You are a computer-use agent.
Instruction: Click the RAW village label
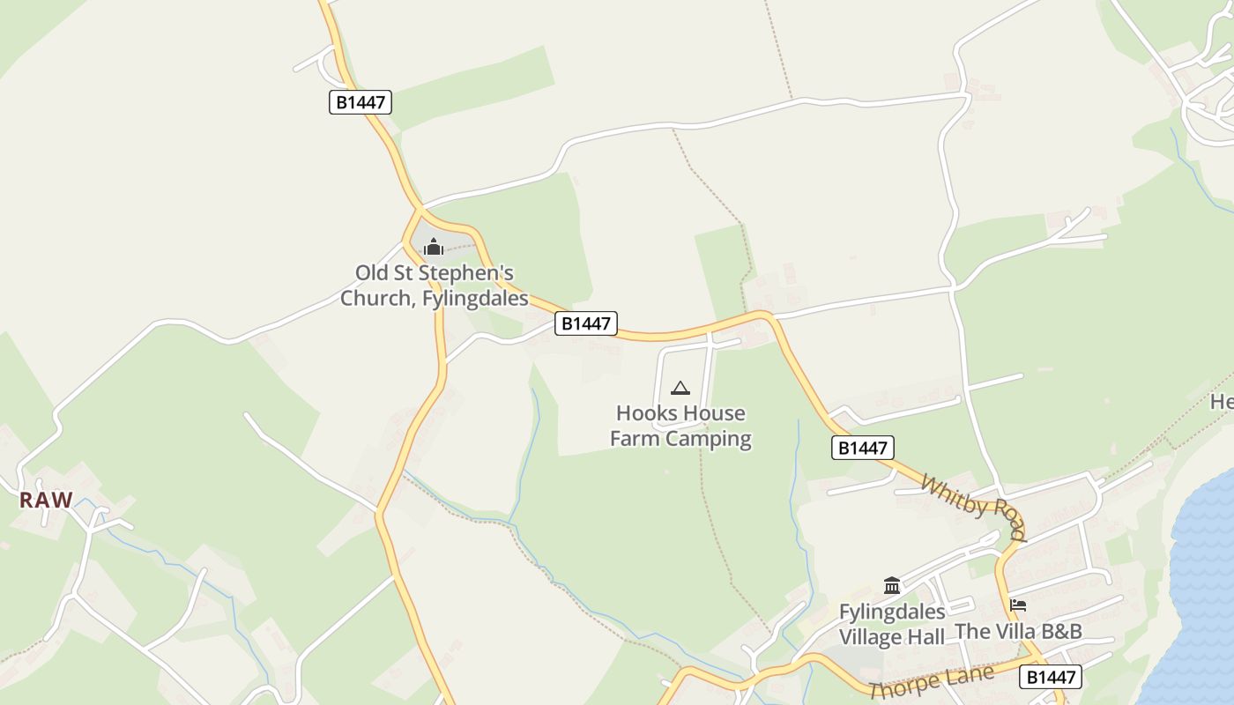click(46, 500)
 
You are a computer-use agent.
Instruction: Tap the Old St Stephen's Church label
click(435, 286)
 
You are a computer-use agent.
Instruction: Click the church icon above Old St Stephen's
click(433, 247)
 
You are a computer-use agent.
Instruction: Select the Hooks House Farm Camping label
click(680, 426)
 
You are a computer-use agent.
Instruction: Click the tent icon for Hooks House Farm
click(680, 388)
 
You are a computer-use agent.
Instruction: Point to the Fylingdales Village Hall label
click(892, 624)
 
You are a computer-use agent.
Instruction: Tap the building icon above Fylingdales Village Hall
click(892, 585)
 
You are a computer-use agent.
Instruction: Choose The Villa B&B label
click(1018, 631)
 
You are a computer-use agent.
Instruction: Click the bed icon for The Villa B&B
click(1018, 605)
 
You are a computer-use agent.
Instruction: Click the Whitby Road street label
click(973, 507)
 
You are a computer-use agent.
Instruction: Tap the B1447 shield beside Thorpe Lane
click(1050, 677)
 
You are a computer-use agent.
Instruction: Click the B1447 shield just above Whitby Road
click(863, 448)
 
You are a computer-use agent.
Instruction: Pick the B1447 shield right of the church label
click(586, 323)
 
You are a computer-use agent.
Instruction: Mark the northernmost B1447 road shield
click(361, 102)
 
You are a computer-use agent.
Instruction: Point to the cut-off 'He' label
click(1222, 402)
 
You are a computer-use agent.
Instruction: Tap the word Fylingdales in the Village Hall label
click(892, 612)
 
